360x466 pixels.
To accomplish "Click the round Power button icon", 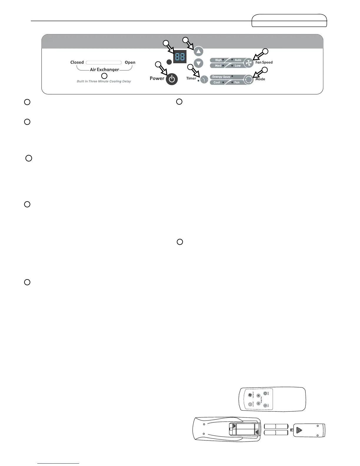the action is pos(172,79).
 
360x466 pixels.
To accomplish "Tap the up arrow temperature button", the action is pos(199,52).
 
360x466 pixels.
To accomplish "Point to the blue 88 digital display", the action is pos(179,57).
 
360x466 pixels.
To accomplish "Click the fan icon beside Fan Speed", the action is pos(249,63).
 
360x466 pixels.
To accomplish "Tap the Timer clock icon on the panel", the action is pos(204,79).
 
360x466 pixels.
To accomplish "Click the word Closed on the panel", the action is pos(77,62).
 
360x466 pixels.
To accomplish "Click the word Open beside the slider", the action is pos(130,62).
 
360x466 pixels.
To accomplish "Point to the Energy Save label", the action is pos(221,77).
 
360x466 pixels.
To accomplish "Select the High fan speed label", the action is pos(218,60).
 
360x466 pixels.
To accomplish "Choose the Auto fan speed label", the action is pos(238,60).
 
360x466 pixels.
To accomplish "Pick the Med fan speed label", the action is pos(218,66).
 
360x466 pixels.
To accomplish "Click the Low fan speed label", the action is pos(238,66).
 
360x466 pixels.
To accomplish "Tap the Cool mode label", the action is pos(217,82).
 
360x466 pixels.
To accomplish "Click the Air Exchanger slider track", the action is pos(104,62).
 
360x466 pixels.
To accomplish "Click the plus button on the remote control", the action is pos(259,396).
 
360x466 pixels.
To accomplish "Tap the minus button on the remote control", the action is pos(258,404).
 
